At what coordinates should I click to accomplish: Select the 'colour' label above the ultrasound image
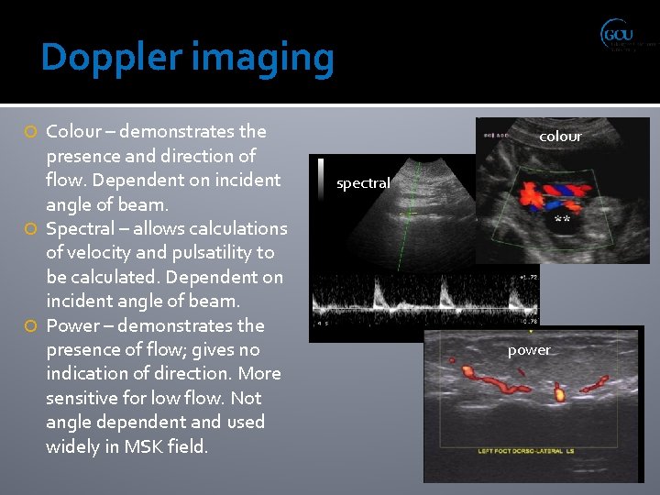pyautogui.click(x=560, y=137)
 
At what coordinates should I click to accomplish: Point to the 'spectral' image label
pyautogui.click(x=363, y=183)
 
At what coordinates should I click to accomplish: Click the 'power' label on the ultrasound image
pyautogui.click(x=529, y=350)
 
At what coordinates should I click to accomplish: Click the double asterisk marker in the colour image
pyautogui.click(x=562, y=222)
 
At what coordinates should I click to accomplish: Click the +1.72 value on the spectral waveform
pyautogui.click(x=528, y=277)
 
